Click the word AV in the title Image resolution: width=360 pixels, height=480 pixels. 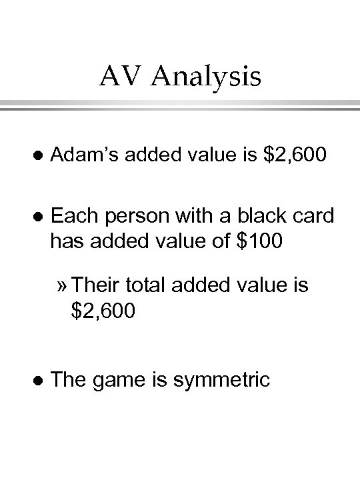[x=121, y=77]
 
